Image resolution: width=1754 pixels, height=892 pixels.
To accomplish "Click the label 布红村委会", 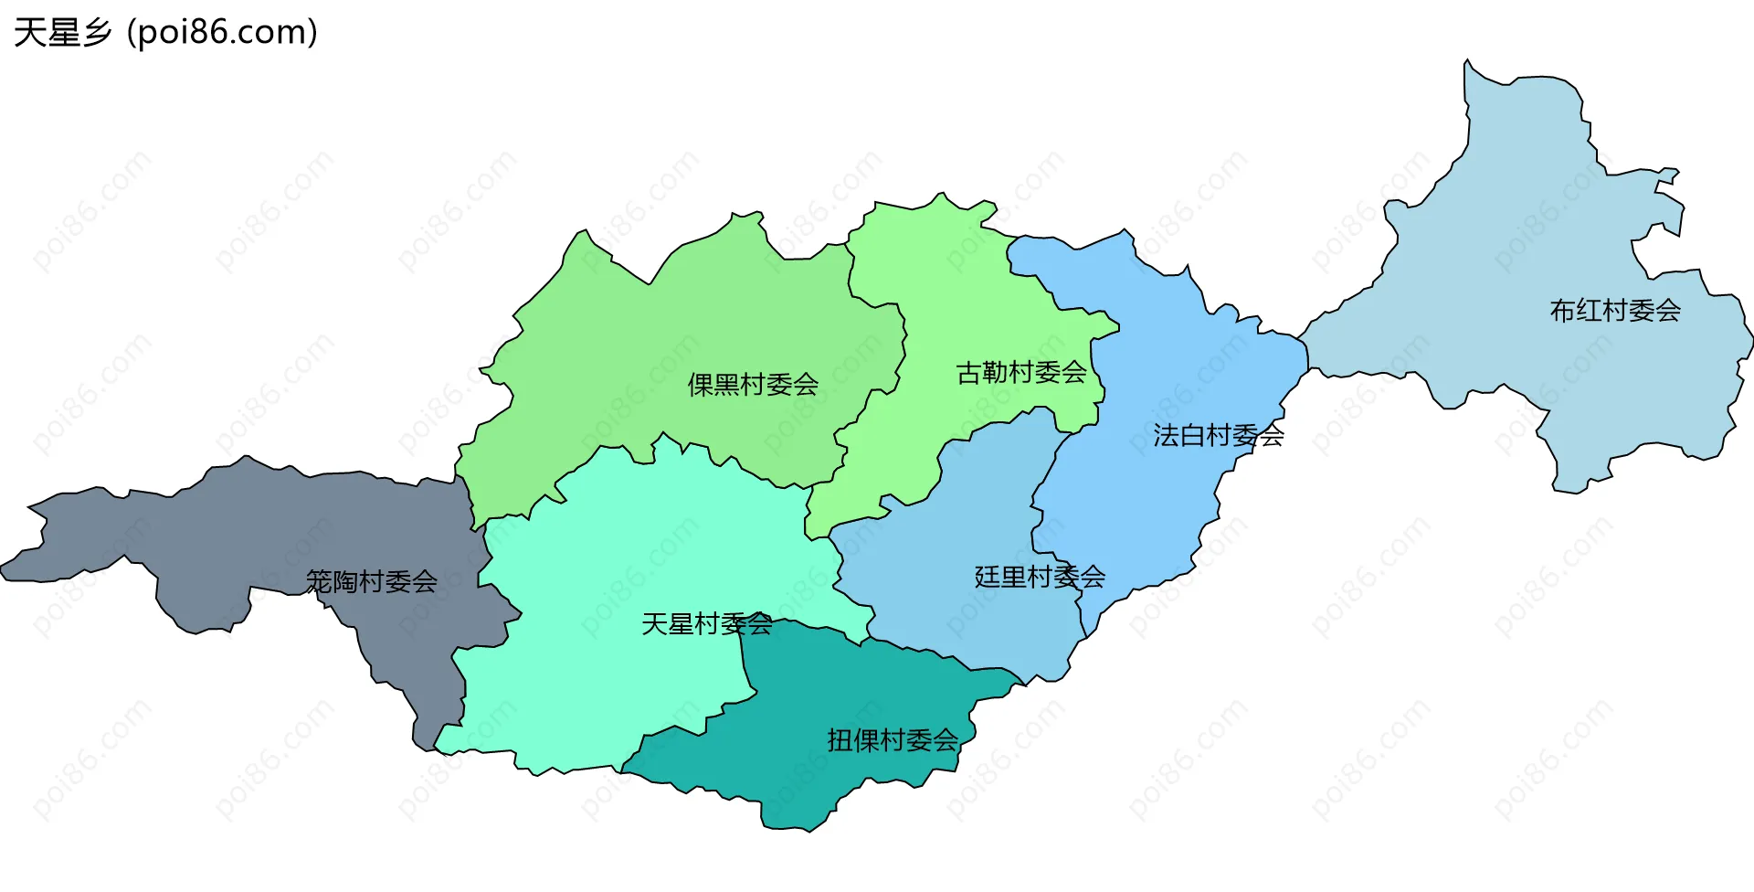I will click(1615, 311).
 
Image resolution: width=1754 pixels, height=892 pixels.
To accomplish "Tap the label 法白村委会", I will click(1218, 435).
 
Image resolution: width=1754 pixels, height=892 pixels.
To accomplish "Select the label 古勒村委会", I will click(1021, 373).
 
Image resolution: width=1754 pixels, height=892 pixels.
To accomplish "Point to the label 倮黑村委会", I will click(753, 385).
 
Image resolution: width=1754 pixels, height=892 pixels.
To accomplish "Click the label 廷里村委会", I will click(1040, 577).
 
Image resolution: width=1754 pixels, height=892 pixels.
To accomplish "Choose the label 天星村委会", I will click(707, 624).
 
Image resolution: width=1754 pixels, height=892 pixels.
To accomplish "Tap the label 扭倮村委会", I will click(893, 740).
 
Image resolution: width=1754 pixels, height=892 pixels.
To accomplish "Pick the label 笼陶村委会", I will click(371, 581).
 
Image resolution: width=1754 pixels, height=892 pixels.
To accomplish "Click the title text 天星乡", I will click(62, 33).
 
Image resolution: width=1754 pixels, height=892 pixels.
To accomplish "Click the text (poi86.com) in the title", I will click(223, 33).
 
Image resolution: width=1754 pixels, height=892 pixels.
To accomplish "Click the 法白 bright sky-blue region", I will click(1178, 366).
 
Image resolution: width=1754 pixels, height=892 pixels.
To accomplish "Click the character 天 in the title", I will click(29, 33).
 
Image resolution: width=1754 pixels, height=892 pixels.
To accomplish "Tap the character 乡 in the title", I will click(96, 33).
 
